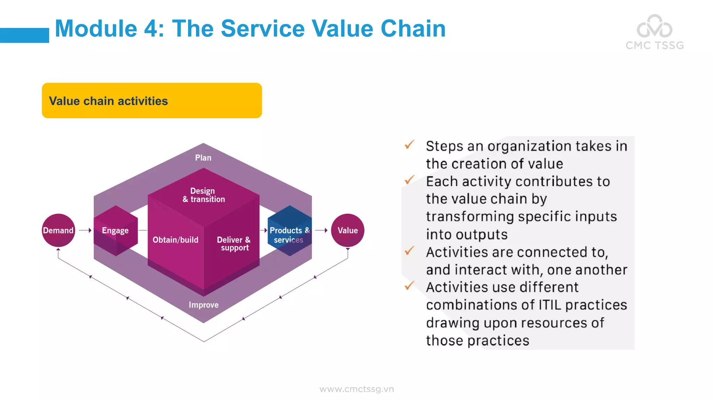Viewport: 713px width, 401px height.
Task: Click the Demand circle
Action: click(x=58, y=230)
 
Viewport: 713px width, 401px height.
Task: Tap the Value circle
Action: click(x=347, y=230)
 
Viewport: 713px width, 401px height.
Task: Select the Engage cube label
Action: click(x=115, y=230)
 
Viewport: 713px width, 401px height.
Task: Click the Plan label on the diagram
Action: click(x=203, y=158)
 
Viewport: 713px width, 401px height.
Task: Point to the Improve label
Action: click(x=204, y=305)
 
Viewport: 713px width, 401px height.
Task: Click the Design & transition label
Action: click(x=204, y=195)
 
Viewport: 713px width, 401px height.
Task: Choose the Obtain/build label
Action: click(x=175, y=240)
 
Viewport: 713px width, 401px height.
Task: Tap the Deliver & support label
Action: click(x=234, y=243)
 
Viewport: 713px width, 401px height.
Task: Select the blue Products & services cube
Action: click(x=289, y=230)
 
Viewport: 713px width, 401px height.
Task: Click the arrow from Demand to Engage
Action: click(x=85, y=230)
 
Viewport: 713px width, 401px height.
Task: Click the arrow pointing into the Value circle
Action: click(x=321, y=230)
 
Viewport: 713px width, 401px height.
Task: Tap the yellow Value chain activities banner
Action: click(x=152, y=101)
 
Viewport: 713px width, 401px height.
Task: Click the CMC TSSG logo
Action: click(x=655, y=32)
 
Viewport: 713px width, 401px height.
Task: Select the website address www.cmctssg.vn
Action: click(x=356, y=389)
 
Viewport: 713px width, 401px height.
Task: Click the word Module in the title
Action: click(x=96, y=29)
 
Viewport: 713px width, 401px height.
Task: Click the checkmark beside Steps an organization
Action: click(x=409, y=144)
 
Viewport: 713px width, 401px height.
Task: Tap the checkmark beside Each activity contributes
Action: click(x=409, y=180)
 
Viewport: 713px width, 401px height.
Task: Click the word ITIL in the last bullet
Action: click(x=550, y=305)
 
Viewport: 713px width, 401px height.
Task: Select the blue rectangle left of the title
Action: click(x=24, y=35)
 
